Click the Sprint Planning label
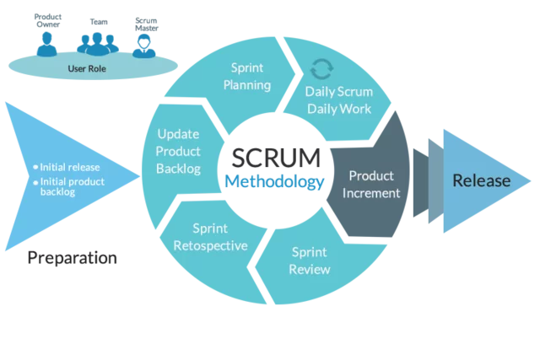coord(246,76)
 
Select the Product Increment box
coord(371,184)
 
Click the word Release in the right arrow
coord(481,180)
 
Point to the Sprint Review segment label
coord(310,261)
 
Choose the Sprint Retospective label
coord(209,237)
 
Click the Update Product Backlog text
coord(179,151)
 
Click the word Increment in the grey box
coord(371,192)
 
